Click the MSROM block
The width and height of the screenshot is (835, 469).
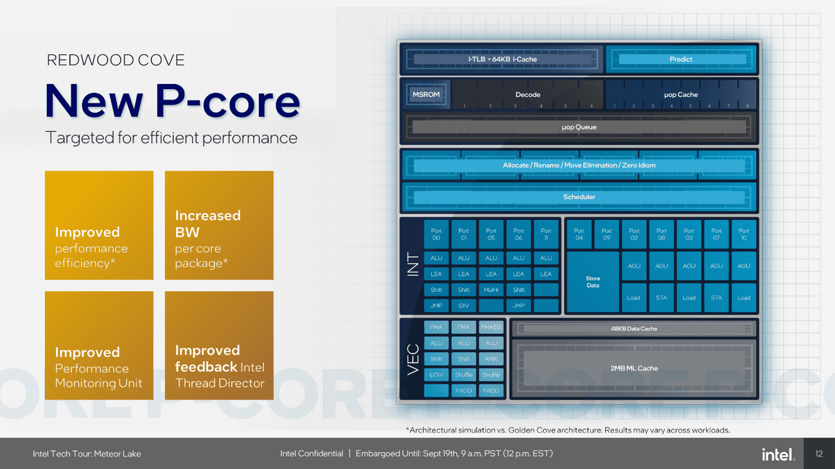(x=426, y=94)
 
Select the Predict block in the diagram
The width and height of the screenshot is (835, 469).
(x=681, y=59)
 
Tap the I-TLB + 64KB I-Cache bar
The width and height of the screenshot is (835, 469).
(x=502, y=59)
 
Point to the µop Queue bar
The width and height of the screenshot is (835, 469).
(x=579, y=127)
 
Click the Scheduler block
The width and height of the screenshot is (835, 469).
(x=579, y=197)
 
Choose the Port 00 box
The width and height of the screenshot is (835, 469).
(x=436, y=234)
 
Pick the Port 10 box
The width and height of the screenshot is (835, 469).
(x=744, y=234)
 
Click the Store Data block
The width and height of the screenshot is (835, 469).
(x=593, y=282)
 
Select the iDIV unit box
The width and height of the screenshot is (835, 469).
(x=464, y=305)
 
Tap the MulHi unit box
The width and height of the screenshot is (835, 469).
(x=491, y=290)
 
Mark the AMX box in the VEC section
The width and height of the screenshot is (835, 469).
(x=491, y=359)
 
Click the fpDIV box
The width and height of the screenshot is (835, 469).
(x=436, y=375)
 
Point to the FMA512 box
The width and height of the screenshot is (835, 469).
(x=491, y=327)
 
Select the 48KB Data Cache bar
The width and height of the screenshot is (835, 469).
(x=633, y=328)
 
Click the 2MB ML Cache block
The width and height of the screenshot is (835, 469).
(x=633, y=368)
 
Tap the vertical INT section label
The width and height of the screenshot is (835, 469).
(x=412, y=265)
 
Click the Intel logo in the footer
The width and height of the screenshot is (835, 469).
(x=778, y=454)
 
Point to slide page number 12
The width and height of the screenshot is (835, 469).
(x=818, y=454)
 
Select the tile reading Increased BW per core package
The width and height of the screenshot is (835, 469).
(x=219, y=225)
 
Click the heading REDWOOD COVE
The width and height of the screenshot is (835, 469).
(x=116, y=60)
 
